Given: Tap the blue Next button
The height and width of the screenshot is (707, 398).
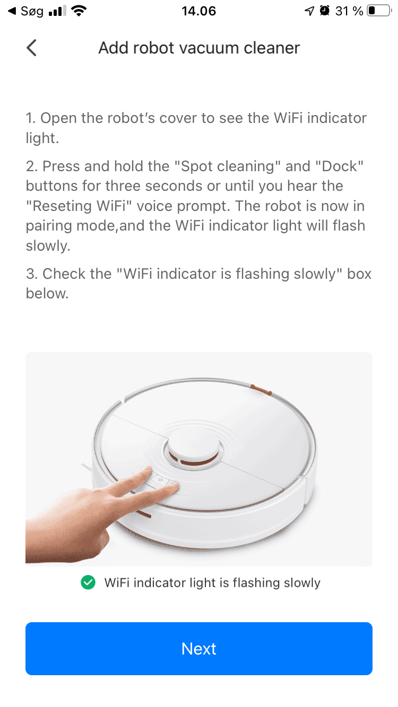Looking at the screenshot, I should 199,648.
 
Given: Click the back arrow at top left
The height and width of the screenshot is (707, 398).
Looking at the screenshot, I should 32,48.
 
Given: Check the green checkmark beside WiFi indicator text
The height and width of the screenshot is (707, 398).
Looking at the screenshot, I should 88,583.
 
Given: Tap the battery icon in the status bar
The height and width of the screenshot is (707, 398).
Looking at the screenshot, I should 378,11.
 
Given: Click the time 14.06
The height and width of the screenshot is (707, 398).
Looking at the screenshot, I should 199,11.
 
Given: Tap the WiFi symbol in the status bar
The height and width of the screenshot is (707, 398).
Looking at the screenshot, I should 79,11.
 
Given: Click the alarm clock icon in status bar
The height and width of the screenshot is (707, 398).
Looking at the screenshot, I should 324,11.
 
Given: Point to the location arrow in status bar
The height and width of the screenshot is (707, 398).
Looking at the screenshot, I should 309,11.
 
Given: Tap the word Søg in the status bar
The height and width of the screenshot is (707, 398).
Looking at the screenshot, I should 32,11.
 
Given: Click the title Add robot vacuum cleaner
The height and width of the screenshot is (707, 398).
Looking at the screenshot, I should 199,48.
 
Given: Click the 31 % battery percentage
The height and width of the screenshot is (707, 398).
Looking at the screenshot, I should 349,11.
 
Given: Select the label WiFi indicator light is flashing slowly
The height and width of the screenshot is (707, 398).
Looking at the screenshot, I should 212,583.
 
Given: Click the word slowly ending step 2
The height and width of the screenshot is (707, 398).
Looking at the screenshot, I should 48,246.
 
